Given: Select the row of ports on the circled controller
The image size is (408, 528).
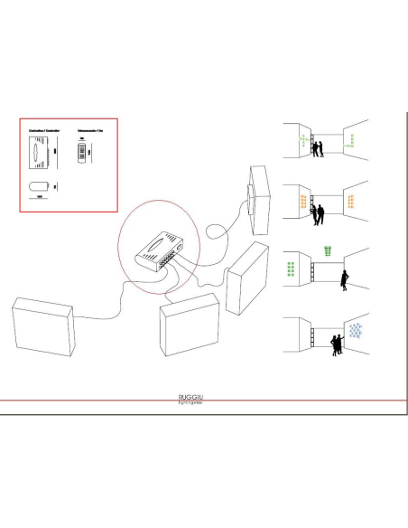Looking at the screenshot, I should pyautogui.click(x=163, y=263).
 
